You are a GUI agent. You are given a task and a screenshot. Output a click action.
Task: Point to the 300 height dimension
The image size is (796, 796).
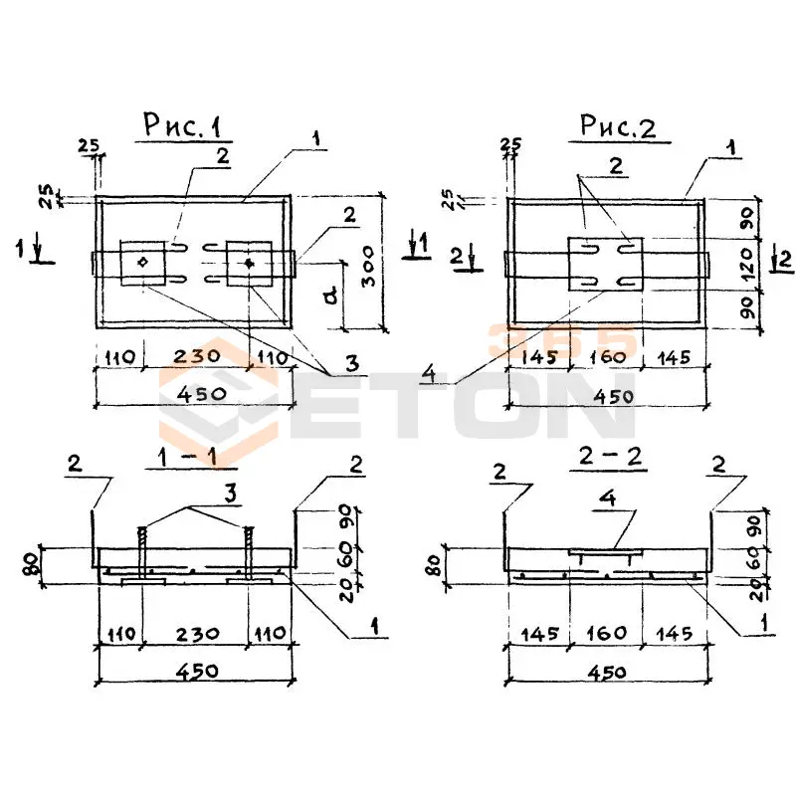[368, 264]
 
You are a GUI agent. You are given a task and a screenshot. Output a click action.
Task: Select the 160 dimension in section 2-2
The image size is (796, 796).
[606, 633]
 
